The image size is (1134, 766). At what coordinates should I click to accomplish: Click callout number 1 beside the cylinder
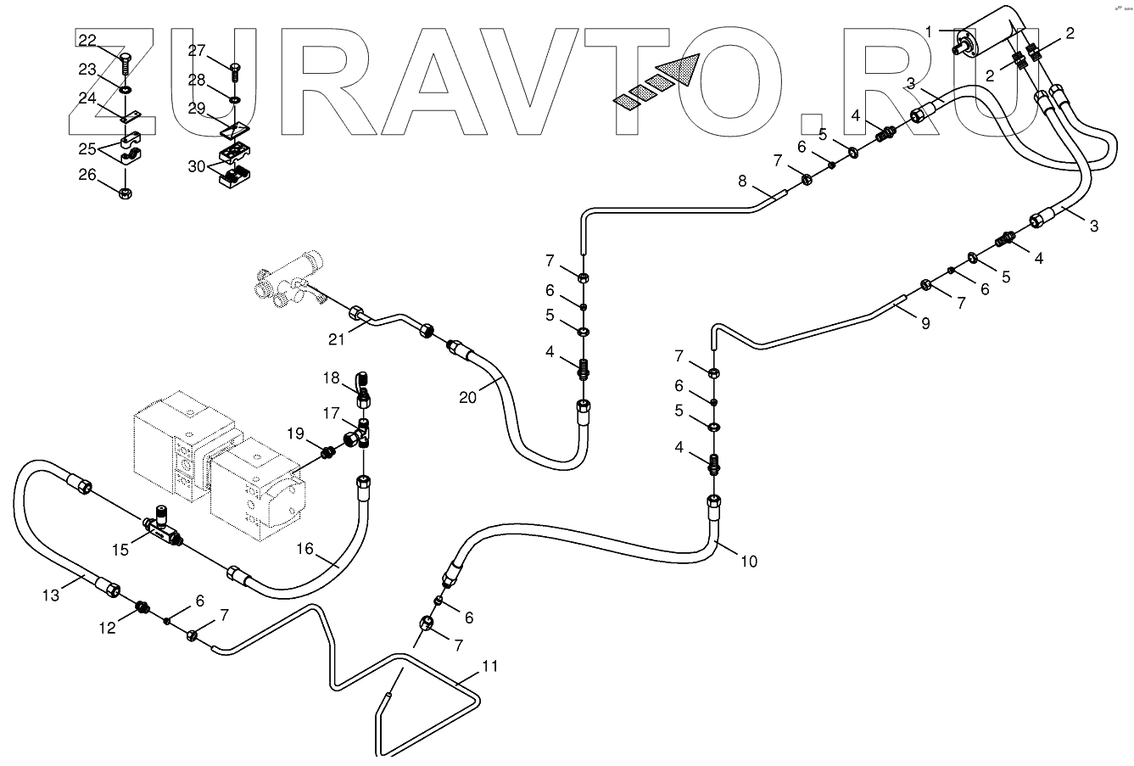[930, 32]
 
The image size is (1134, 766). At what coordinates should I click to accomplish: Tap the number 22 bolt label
[88, 39]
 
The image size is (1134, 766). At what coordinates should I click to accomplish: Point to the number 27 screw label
[197, 51]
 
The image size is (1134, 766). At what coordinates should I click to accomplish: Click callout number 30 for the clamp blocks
[198, 165]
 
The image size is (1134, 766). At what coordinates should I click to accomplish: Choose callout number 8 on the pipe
[742, 181]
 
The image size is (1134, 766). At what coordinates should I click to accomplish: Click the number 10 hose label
[748, 561]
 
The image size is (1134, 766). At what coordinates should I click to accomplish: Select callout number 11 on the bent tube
[490, 666]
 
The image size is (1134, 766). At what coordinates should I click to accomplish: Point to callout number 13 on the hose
[52, 595]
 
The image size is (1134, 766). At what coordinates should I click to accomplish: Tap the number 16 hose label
[304, 549]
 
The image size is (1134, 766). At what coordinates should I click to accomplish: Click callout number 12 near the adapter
[108, 627]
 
